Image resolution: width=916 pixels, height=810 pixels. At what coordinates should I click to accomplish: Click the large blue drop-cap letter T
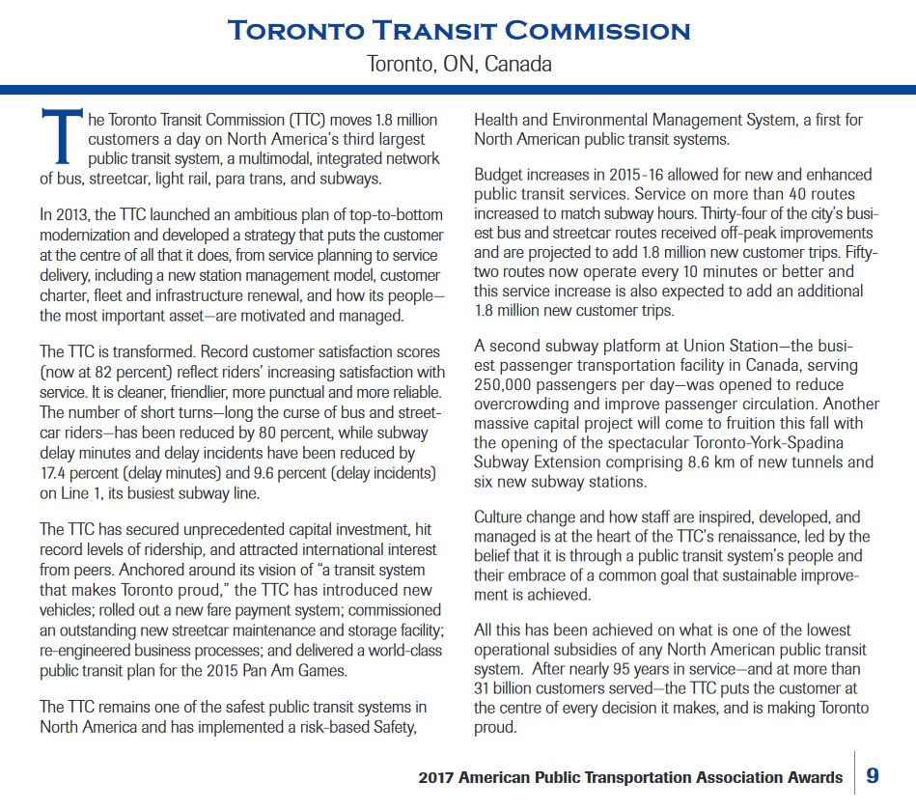58,136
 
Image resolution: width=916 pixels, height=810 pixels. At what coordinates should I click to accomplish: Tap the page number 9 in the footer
873,775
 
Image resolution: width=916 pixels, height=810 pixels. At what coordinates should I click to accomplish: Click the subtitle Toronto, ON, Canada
459,65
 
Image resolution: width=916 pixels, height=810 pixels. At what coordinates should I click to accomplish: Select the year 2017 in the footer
439,777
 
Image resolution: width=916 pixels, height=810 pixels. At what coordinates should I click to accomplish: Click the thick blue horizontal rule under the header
458,91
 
